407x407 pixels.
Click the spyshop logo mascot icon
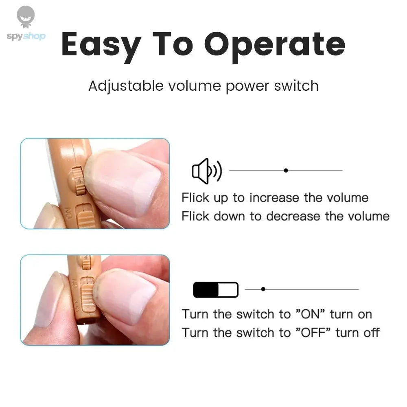(26, 17)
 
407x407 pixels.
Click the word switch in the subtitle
(296, 86)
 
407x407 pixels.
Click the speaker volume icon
(207, 171)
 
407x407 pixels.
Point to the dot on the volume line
(286, 171)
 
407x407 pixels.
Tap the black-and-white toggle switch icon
(215, 290)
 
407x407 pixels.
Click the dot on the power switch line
(263, 289)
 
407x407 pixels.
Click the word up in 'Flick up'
(222, 198)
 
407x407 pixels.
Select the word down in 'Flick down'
(232, 216)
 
